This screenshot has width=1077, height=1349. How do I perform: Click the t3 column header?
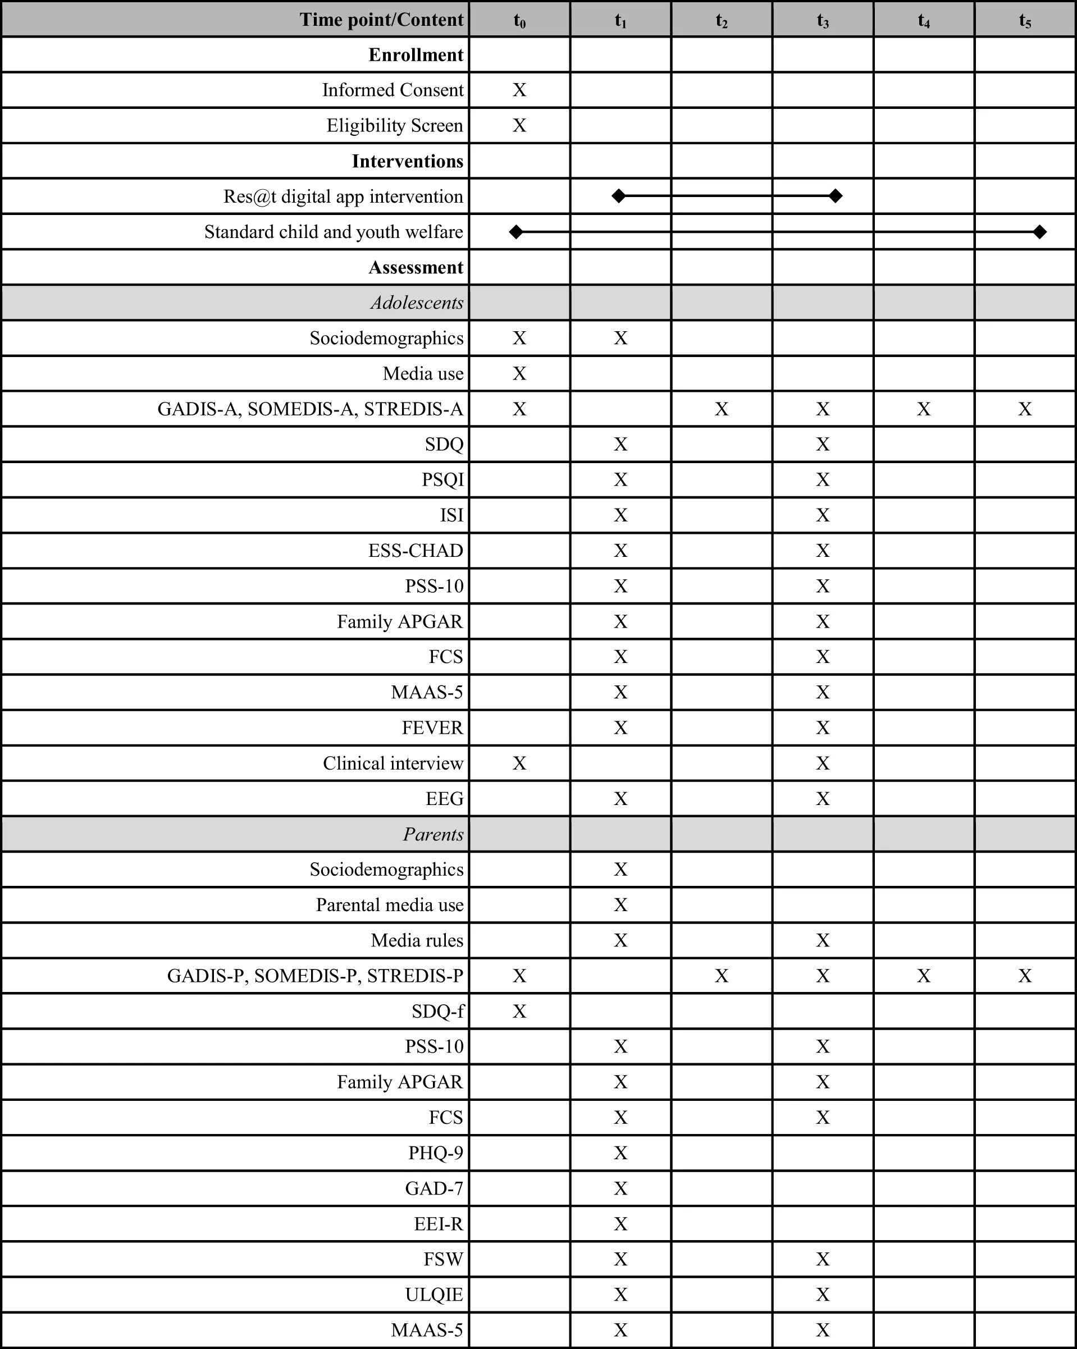coord(822,21)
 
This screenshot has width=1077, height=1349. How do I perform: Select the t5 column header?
coord(1024,21)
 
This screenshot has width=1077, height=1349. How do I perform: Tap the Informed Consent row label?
coord(393,90)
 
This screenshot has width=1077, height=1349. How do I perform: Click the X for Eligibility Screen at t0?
coord(519,126)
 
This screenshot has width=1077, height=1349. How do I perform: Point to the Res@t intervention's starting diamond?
coord(618,196)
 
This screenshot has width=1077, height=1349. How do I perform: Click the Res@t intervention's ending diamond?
coord(836,196)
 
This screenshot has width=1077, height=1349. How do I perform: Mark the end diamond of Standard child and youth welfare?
coord(1039,232)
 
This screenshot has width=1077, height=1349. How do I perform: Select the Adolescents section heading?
coord(417,303)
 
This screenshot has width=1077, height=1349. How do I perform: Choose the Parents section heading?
coord(433,834)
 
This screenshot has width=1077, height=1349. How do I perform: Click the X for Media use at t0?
coord(519,373)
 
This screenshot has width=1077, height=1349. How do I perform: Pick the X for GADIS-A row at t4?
coord(924,409)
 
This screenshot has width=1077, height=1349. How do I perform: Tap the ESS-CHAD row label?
coord(416,551)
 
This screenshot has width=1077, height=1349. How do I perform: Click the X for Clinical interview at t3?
coord(822,763)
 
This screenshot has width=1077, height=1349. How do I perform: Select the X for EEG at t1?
coord(620,799)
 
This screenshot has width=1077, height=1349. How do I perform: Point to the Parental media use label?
coord(389,905)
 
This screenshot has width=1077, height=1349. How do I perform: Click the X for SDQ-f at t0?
coord(519,1011)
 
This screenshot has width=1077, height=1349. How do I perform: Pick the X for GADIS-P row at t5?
coord(1024,976)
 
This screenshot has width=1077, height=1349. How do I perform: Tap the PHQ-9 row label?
coord(436,1153)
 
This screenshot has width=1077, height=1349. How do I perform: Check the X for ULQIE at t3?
coord(822,1294)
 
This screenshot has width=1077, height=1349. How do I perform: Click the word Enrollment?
coord(416,55)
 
